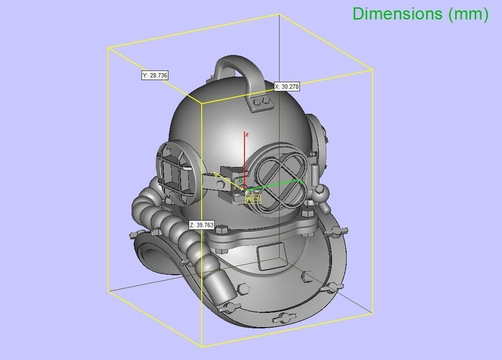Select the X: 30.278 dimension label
pos(286,87)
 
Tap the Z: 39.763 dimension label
pos(201,225)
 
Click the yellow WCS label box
pos(253,199)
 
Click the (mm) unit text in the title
pos(468,14)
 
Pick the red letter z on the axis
pos(247,135)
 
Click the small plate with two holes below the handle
pos(261,102)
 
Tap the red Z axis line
pos(245,160)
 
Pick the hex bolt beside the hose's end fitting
pos(242,287)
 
